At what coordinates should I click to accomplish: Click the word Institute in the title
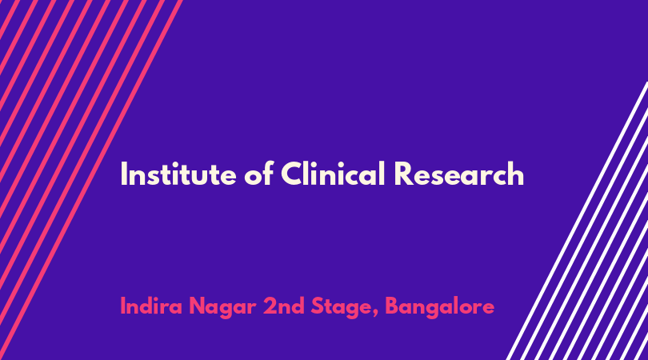pyautogui.click(x=178, y=174)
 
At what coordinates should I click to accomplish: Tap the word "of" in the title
pyautogui.click(x=258, y=173)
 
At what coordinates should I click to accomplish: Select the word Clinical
pyautogui.click(x=333, y=173)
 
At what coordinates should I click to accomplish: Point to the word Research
pyautogui.click(x=459, y=174)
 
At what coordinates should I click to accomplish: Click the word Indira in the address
pyautogui.click(x=151, y=306)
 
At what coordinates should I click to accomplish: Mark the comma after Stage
pyautogui.click(x=375, y=314)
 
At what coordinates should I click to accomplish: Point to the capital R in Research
pyautogui.click(x=403, y=174)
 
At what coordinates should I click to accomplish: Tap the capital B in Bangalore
pyautogui.click(x=393, y=306)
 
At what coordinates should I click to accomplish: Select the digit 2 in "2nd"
pyautogui.click(x=270, y=306)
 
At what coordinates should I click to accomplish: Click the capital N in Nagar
pyautogui.click(x=197, y=306)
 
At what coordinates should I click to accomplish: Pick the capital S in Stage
pyautogui.click(x=318, y=306)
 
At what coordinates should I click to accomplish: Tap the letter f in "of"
pyautogui.click(x=268, y=173)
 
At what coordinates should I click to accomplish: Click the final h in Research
pyautogui.click(x=516, y=173)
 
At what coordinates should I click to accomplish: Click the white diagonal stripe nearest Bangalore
pyautogui.click(x=577, y=221)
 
